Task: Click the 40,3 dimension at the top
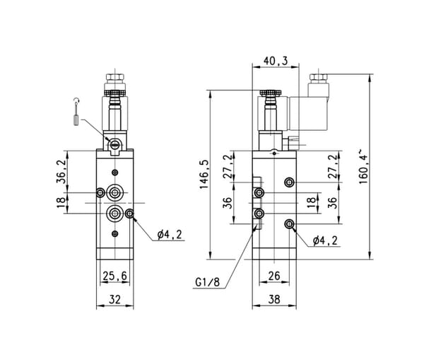pyautogui.click(x=276, y=61)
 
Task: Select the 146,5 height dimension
pyautogui.click(x=204, y=174)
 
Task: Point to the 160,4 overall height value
pyautogui.click(x=363, y=166)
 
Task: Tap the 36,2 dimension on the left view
pyautogui.click(x=61, y=171)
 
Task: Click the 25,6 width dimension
pyautogui.click(x=115, y=276)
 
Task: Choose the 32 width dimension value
pyautogui.click(x=115, y=299)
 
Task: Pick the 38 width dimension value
pyautogui.click(x=274, y=299)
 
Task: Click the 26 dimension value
pyautogui.click(x=274, y=276)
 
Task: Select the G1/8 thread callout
pyautogui.click(x=207, y=282)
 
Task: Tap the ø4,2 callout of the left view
pyautogui.click(x=170, y=235)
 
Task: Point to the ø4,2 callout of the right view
pyautogui.click(x=325, y=240)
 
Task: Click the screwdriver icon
pyautogui.click(x=76, y=112)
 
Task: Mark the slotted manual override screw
pyautogui.click(x=114, y=145)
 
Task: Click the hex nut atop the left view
pyautogui.click(x=115, y=77)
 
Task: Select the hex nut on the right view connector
pyautogui.click(x=318, y=78)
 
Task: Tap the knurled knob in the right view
pyautogui.click(x=271, y=93)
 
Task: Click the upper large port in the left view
pyautogui.click(x=115, y=193)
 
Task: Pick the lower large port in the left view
pyautogui.click(x=115, y=214)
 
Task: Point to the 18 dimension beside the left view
pyautogui.click(x=61, y=203)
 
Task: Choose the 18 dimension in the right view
pyautogui.click(x=312, y=203)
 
